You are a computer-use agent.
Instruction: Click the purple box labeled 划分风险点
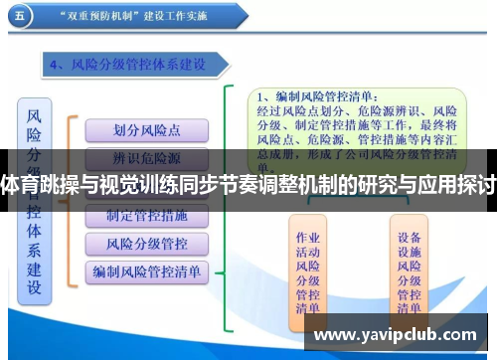click(147, 129)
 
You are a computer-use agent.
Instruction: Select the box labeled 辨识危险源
click(147, 156)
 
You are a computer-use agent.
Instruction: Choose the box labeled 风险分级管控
click(147, 244)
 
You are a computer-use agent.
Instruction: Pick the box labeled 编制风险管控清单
click(147, 270)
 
